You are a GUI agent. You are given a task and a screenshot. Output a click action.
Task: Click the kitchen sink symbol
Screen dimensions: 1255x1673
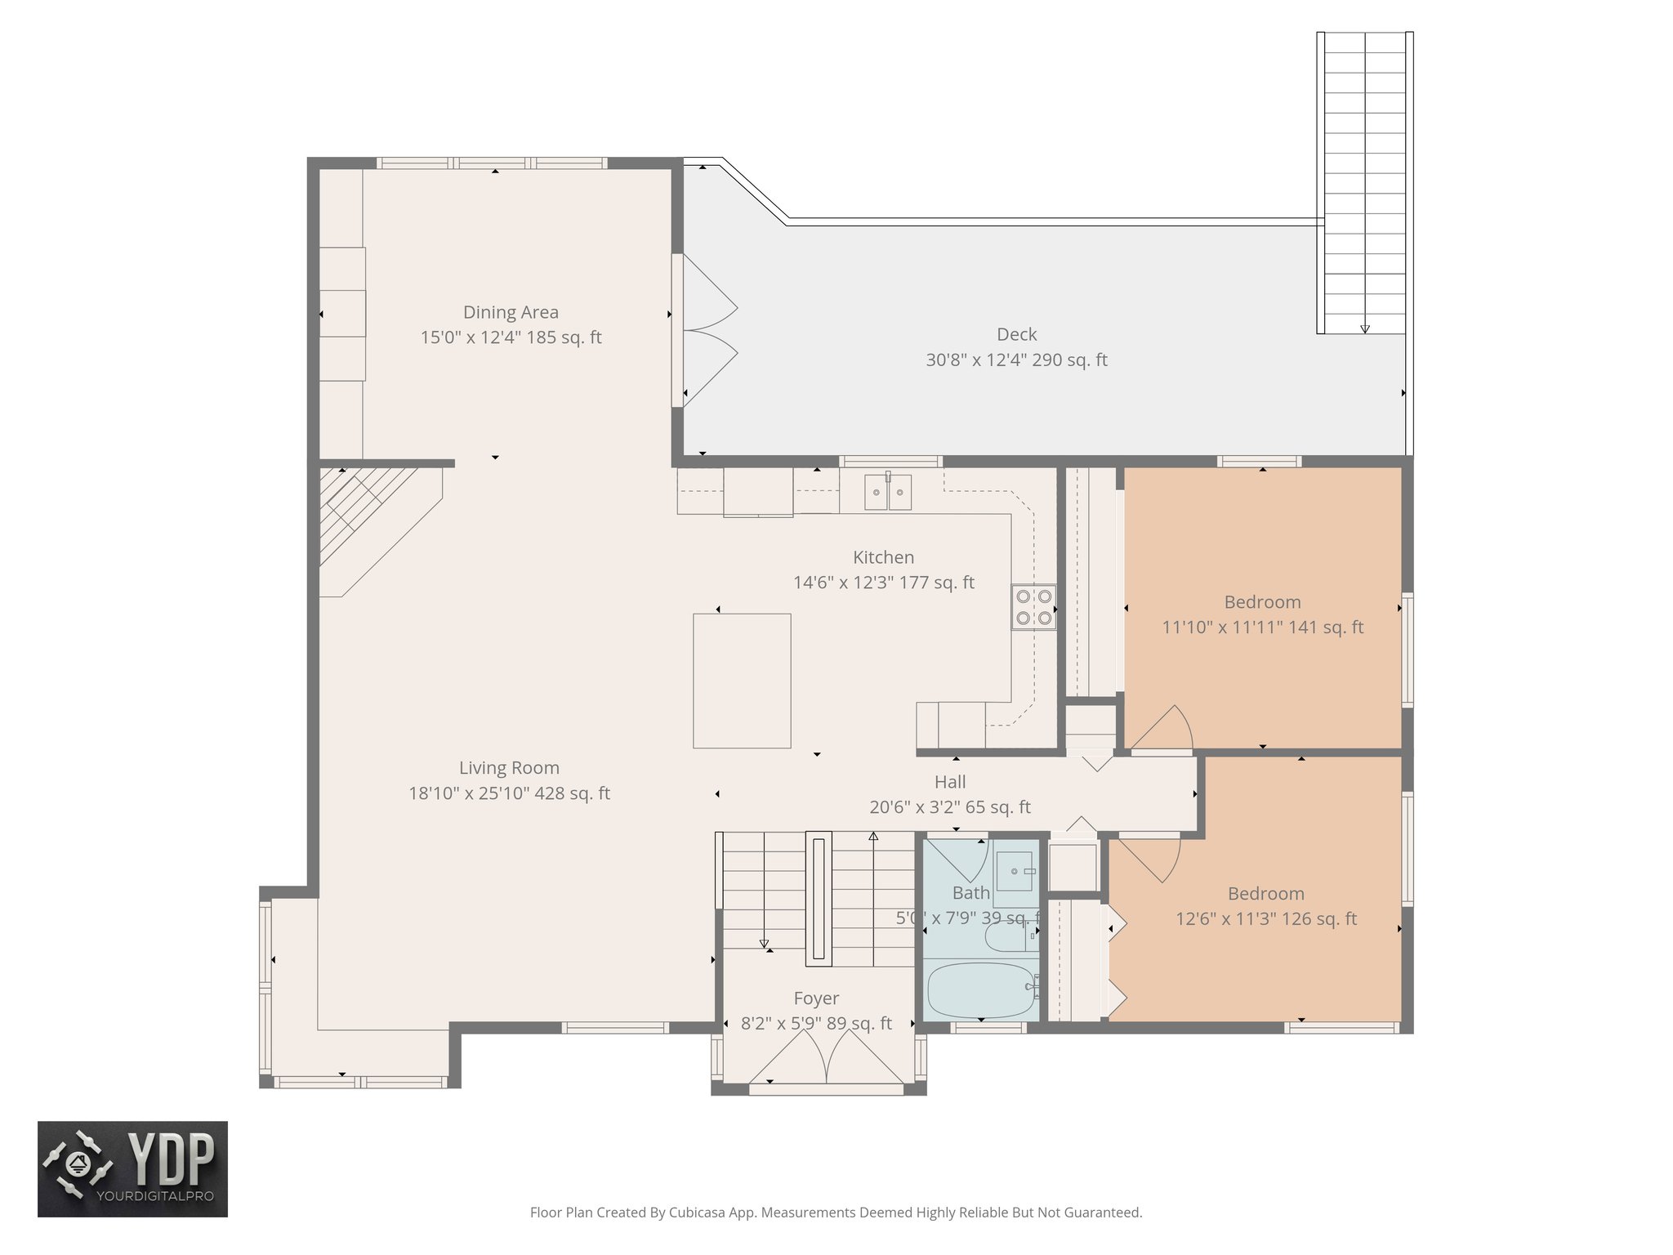(888, 493)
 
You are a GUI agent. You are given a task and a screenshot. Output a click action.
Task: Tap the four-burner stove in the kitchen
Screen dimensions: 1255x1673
(1033, 607)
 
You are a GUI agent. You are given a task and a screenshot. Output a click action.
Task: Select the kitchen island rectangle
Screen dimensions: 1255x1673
(742, 681)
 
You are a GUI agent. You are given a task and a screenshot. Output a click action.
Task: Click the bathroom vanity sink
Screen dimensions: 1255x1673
(1015, 873)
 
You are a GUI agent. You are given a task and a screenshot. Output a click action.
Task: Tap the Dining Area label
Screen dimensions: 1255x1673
(511, 312)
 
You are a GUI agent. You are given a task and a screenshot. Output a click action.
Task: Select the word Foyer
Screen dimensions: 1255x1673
(816, 998)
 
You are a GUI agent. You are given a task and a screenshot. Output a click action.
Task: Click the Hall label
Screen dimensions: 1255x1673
(950, 782)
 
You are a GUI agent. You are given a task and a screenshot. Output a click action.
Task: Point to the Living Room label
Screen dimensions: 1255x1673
(509, 768)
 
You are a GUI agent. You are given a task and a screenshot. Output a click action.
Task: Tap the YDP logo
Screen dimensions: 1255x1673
(132, 1168)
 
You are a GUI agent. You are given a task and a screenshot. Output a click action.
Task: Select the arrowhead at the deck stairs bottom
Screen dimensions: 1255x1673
(1365, 329)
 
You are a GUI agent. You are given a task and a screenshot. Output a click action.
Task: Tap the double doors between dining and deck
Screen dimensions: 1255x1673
(707, 331)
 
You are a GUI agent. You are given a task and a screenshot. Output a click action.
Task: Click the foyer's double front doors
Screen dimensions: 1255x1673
(827, 1058)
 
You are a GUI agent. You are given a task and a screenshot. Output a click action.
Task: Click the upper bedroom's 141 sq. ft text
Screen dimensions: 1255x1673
(1325, 627)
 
